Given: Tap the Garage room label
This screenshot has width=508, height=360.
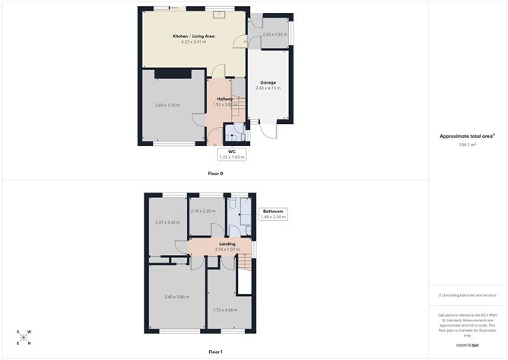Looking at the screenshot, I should click(x=268, y=82).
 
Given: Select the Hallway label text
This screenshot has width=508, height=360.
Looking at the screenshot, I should click(x=224, y=99).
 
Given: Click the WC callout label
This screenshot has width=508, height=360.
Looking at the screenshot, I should click(x=231, y=151).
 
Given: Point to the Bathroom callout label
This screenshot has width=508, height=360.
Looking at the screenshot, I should click(x=274, y=211).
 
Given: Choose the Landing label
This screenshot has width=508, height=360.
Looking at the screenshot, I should click(x=227, y=244).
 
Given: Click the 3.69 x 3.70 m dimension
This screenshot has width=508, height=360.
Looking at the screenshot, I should click(x=167, y=104).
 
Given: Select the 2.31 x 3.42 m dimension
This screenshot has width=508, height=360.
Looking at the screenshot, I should click(x=167, y=222).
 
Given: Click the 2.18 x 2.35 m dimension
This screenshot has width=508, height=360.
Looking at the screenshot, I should click(x=204, y=211).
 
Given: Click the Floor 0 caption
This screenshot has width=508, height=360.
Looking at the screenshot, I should click(x=215, y=174).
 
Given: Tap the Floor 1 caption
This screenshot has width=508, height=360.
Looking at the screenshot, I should click(x=215, y=352).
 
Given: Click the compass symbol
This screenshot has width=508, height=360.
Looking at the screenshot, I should click(x=25, y=336).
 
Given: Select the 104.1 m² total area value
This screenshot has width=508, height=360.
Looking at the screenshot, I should click(x=467, y=145).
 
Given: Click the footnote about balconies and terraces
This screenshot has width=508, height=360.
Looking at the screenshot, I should click(x=468, y=295).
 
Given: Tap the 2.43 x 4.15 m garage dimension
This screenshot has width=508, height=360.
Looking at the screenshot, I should click(x=268, y=88).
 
